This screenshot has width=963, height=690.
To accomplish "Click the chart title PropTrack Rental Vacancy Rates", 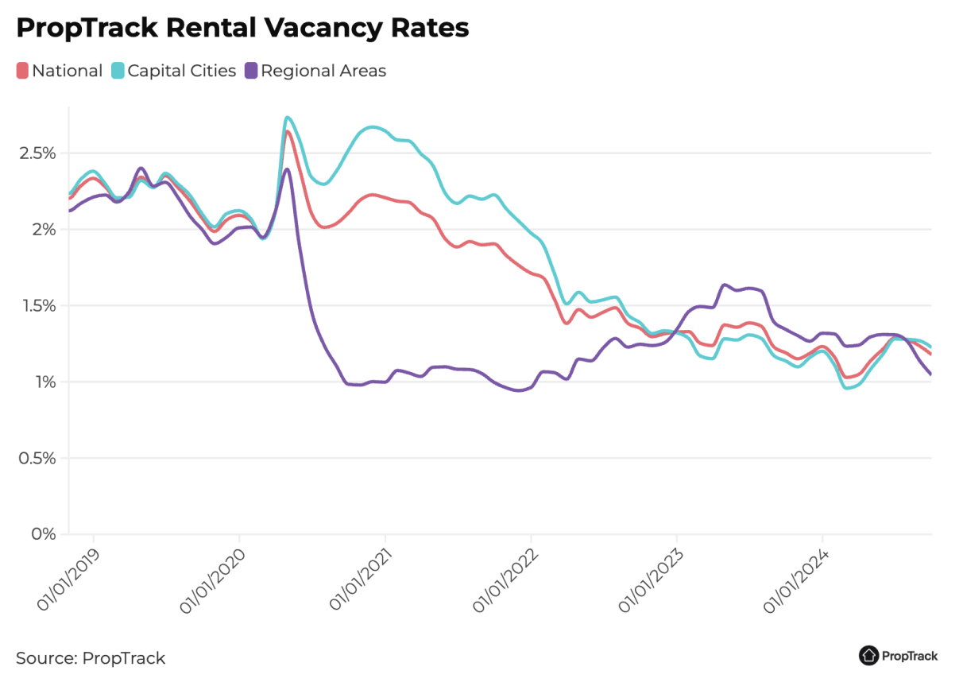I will pyautogui.click(x=242, y=29).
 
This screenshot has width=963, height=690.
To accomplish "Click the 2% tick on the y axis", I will pyautogui.click(x=44, y=229).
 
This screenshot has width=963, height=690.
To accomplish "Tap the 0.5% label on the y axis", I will pyautogui.click(x=37, y=458).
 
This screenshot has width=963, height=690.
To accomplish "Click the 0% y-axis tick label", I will pyautogui.click(x=44, y=534).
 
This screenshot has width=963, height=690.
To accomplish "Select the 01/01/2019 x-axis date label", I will pyautogui.click(x=68, y=578).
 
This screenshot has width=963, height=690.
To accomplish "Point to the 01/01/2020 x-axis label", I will pyautogui.click(x=213, y=578).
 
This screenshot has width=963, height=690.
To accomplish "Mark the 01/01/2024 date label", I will pyautogui.click(x=796, y=578).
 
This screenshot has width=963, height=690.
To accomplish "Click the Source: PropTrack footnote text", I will pyautogui.click(x=91, y=658).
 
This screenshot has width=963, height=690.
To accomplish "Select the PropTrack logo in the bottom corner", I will pyautogui.click(x=898, y=656).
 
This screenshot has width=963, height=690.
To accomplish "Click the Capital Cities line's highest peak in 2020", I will pyautogui.click(x=287, y=118).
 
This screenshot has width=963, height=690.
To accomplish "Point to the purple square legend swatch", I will pyautogui.click(x=251, y=71).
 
